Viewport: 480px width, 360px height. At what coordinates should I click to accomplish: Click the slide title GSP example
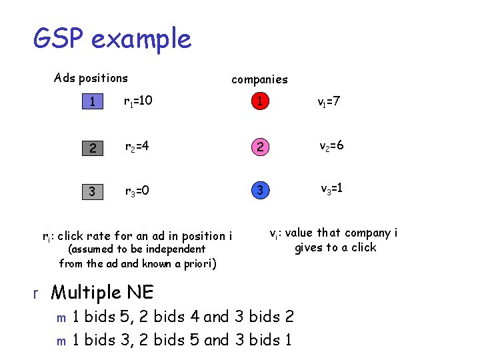(112, 39)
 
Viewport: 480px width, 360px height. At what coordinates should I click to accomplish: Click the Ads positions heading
(91, 78)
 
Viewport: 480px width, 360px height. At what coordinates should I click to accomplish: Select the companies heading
(259, 79)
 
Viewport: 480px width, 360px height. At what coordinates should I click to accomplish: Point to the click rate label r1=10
(138, 101)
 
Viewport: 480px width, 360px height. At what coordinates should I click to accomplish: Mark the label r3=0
(138, 192)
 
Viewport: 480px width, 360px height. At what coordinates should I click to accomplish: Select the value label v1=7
(330, 101)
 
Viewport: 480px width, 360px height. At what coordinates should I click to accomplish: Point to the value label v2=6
(331, 146)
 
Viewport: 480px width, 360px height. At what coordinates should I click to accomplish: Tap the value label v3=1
(331, 189)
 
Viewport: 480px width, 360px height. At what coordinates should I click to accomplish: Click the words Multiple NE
(102, 292)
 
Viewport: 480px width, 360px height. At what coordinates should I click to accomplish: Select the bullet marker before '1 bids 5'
(61, 318)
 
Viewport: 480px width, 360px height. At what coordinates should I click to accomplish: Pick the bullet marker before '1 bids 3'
(61, 341)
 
